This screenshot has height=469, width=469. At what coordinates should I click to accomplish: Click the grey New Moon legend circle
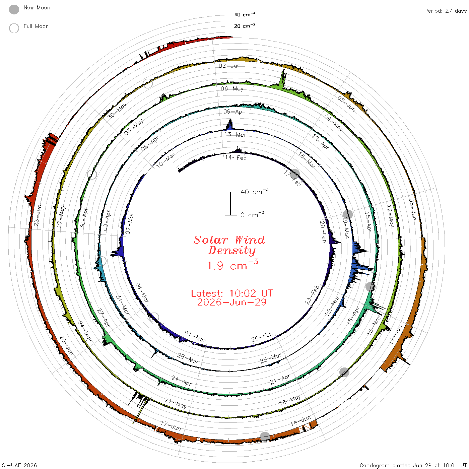point(14,9)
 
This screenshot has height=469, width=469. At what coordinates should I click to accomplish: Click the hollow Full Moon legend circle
point(14,28)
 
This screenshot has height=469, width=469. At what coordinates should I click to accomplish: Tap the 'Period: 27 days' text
point(445,11)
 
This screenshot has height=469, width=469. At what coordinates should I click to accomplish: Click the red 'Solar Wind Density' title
point(229,245)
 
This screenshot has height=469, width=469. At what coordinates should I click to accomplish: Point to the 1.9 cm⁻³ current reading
point(232,265)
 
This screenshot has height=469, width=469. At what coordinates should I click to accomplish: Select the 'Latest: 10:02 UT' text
point(232,293)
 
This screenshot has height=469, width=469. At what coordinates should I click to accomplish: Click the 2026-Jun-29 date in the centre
point(232,302)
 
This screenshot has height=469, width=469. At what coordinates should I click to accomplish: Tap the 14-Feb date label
point(236,157)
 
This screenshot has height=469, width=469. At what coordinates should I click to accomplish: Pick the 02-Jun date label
point(229,66)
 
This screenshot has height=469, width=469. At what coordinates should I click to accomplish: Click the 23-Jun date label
point(38,215)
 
